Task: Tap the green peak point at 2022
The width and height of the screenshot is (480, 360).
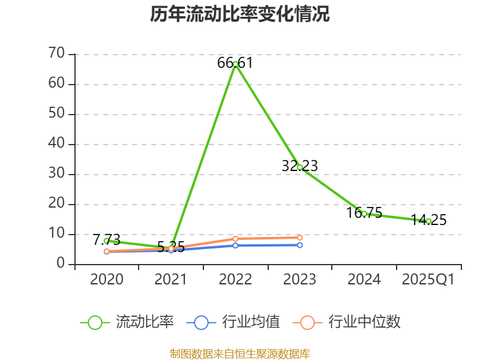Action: [x=235, y=64]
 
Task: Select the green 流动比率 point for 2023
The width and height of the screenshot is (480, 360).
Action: [x=299, y=167]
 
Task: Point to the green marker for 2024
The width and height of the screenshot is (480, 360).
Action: [x=364, y=214]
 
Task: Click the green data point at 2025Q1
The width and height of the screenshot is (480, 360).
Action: [x=428, y=221]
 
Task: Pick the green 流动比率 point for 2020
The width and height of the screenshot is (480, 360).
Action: [x=106, y=241]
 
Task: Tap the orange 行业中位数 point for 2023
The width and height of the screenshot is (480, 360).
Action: [x=299, y=238]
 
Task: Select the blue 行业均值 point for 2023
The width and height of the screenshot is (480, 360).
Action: [x=299, y=245]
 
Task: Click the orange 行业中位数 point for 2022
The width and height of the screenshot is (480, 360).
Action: [x=235, y=238]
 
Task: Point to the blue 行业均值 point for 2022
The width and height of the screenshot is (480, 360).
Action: [x=235, y=245]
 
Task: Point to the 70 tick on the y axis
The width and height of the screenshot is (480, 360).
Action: [x=56, y=54]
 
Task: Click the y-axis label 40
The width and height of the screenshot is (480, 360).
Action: [x=56, y=144]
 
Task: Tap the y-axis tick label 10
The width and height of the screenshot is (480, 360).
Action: [x=56, y=234]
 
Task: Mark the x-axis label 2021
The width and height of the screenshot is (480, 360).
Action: [x=170, y=280]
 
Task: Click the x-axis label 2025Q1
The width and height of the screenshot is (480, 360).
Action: [x=428, y=280]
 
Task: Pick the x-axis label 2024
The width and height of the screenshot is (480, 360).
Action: [x=364, y=280]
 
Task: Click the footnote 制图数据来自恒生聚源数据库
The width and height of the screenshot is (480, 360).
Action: [x=240, y=353]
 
